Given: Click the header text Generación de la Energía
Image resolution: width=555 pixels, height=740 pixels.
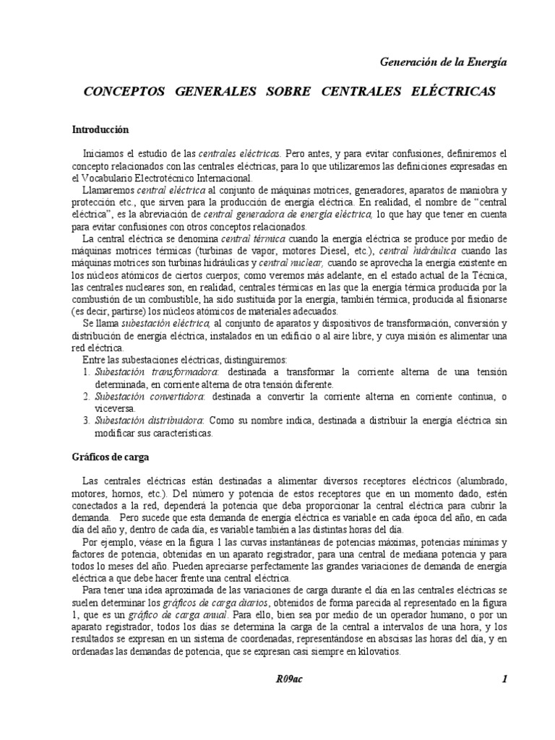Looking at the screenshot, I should pyautogui.click(x=443, y=62).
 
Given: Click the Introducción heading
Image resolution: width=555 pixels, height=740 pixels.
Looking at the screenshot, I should pyautogui.click(x=100, y=130).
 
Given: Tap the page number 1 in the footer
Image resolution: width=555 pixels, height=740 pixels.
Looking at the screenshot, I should pyautogui.click(x=504, y=679).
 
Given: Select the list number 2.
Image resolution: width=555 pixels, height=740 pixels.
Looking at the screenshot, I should pyautogui.click(x=86, y=397).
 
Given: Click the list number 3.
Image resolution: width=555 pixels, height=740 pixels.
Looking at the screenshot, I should pyautogui.click(x=86, y=421).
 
